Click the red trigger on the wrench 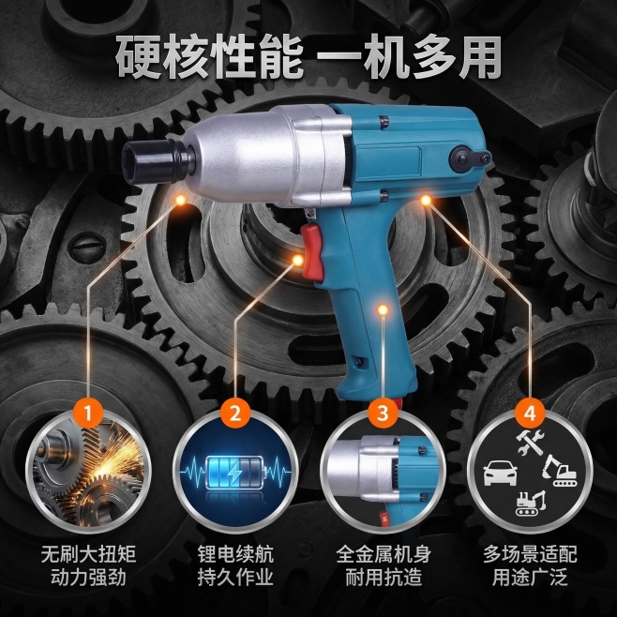[312, 252]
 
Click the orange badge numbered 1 [88, 414]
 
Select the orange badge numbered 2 [235, 414]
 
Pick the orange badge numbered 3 [383, 414]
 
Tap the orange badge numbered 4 [530, 414]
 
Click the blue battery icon [235, 473]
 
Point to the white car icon [500, 473]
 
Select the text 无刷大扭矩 [88, 554]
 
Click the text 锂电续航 [235, 554]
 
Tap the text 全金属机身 [383, 554]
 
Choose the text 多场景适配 [530, 554]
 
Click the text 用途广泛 [530, 577]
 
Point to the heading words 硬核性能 [209, 57]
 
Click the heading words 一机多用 [409, 57]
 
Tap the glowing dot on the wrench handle [383, 309]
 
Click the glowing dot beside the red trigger [298, 260]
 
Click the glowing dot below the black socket [181, 201]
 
